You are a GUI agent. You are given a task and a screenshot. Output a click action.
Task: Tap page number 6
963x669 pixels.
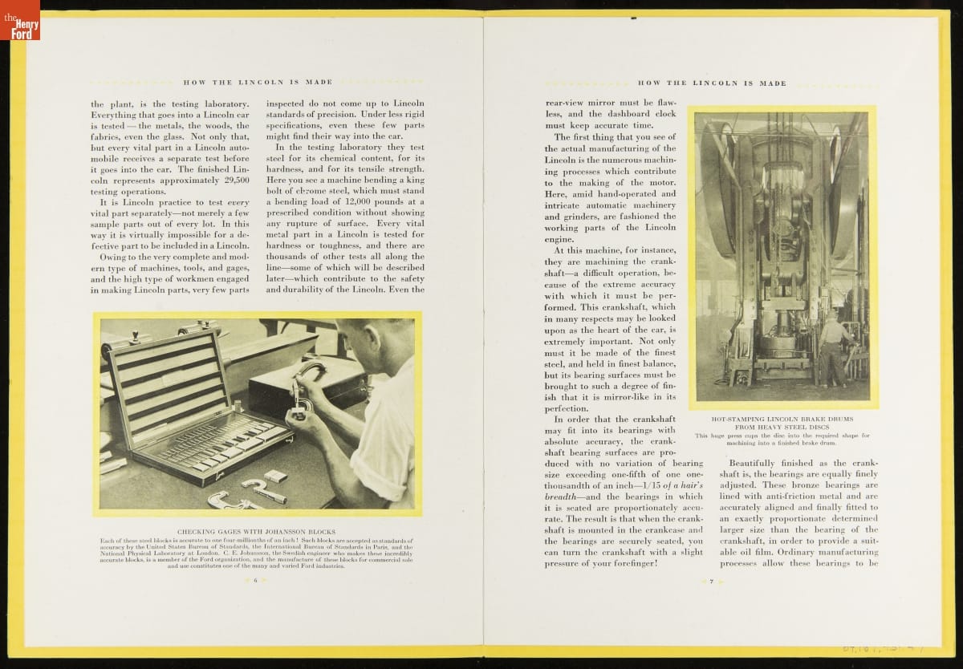pos(255,580)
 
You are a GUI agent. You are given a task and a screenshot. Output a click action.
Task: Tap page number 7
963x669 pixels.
pos(711,581)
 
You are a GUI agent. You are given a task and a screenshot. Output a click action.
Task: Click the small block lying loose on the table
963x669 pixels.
pos(275,476)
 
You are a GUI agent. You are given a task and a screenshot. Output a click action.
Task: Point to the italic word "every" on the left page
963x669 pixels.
pos(238,202)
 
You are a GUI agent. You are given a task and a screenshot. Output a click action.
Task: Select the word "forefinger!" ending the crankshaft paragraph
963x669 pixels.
pos(631,563)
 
